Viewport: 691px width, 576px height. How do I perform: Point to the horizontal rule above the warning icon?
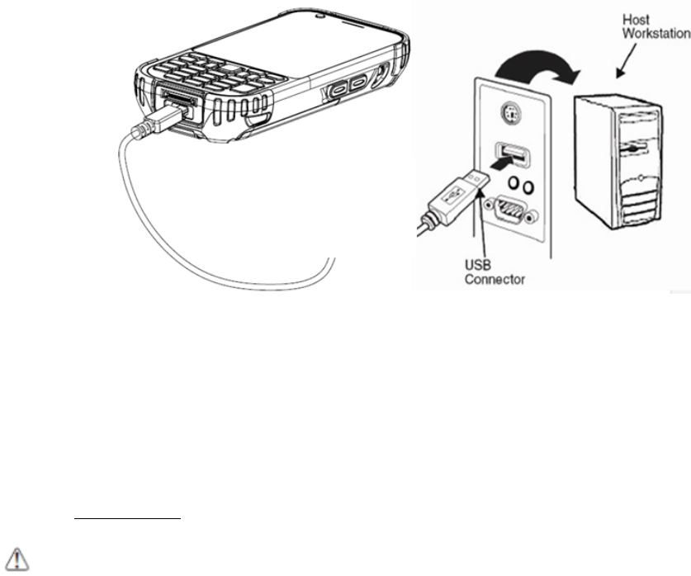[x=125, y=520]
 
